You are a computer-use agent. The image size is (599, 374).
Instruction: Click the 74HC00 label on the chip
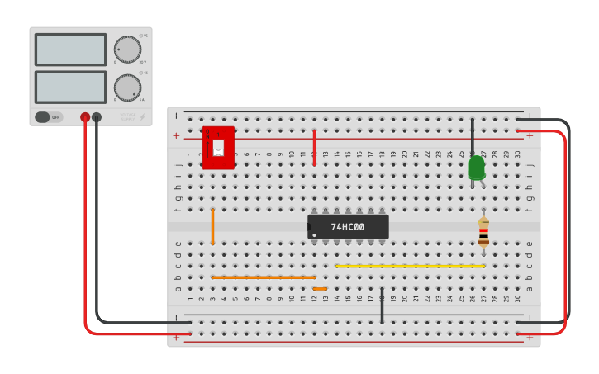coord(348,227)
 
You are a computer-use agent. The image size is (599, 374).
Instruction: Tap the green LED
coord(477,168)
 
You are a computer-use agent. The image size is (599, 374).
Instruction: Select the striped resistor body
coord(483,233)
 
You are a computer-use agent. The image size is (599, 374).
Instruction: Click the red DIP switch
coord(218,148)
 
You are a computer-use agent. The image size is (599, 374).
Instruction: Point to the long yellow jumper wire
coord(410,266)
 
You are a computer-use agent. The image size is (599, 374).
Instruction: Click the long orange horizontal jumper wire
coord(263,277)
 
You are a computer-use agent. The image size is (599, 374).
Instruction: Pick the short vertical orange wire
coord(212,226)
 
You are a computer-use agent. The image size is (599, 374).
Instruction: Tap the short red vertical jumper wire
coord(314,147)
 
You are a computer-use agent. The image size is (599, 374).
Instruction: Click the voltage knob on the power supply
coord(127,50)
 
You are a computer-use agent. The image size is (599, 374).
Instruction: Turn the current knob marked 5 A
coord(127,88)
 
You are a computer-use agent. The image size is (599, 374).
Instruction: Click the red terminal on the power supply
coord(85,117)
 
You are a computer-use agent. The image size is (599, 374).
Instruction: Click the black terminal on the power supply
coord(97,117)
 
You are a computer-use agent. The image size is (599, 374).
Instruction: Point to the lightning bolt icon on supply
coord(142,117)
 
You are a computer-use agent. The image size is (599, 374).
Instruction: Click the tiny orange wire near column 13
coord(320,289)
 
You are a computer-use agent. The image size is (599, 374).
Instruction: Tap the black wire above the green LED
coord(473,135)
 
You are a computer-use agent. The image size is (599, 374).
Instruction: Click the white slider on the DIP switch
coord(218,148)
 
